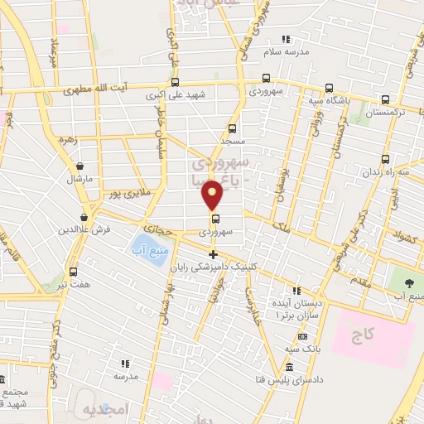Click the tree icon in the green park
(408, 282)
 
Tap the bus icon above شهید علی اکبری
(175, 82)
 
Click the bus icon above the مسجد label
(232, 128)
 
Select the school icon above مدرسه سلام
(286, 39)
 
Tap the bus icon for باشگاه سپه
(329, 88)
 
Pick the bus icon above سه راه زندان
(385, 159)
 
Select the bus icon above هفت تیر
(74, 272)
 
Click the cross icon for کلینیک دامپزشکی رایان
(213, 254)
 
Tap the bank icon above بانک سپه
(302, 336)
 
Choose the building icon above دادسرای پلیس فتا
(288, 368)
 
